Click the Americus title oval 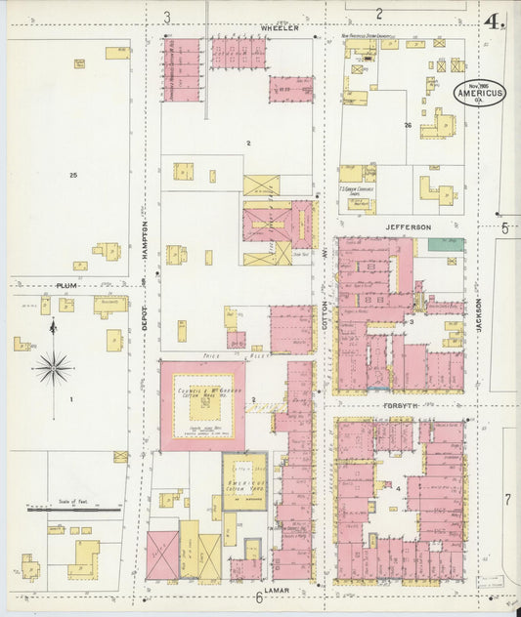pos(479,93)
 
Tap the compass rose pos(53,368)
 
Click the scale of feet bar pos(73,509)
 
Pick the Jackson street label pos(479,315)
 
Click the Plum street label pos(65,285)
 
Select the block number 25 pos(72,175)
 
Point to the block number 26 pos(408,126)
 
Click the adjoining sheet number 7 pos(507,500)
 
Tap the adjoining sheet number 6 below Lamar pos(260,598)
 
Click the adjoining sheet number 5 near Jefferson pos(505,228)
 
